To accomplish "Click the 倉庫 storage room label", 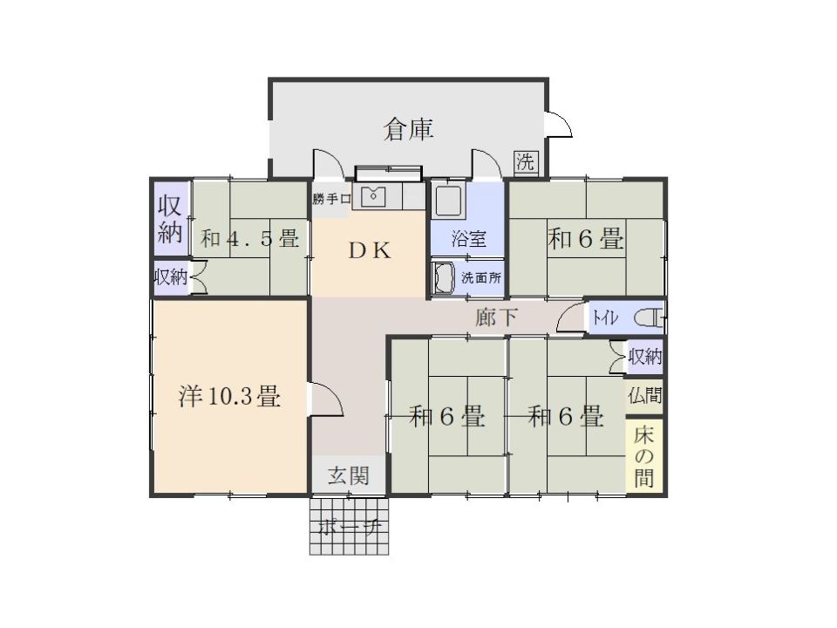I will click(408, 129).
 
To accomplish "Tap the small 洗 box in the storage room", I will click(525, 161).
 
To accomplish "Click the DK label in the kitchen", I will click(370, 249).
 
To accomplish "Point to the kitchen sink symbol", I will click(373, 196).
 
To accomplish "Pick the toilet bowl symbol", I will click(647, 317).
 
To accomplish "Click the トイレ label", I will click(605, 318).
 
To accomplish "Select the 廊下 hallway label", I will click(495, 317).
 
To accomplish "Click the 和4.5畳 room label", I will click(250, 239).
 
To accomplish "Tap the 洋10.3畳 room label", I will click(229, 398).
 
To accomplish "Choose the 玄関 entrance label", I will click(348, 475).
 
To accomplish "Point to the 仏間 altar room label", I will click(644, 393).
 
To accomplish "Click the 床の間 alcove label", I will click(644, 455).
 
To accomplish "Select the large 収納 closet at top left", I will click(169, 219).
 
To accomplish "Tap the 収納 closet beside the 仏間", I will click(645, 356).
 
